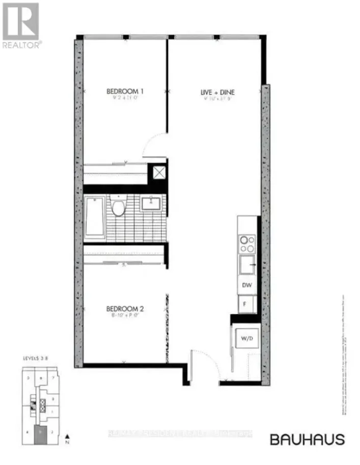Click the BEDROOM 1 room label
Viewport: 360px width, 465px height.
click(x=125, y=92)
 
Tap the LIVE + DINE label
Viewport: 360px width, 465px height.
click(x=217, y=92)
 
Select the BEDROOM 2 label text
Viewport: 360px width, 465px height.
click(x=125, y=308)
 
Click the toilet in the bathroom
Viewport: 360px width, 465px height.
click(x=119, y=208)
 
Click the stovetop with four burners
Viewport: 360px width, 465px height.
click(x=246, y=243)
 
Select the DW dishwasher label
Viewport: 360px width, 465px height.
click(x=247, y=286)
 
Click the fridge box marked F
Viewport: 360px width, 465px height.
click(x=245, y=304)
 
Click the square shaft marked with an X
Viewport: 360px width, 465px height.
click(x=159, y=173)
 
